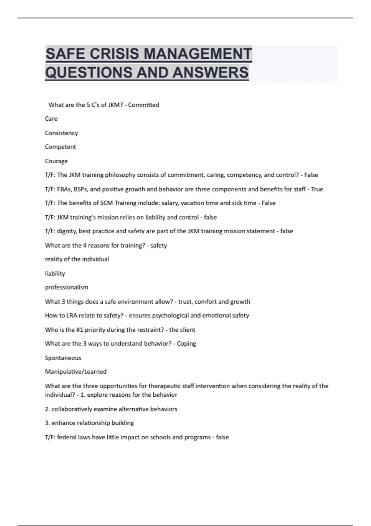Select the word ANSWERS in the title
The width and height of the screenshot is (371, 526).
[211, 72]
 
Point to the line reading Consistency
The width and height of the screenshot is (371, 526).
[61, 133]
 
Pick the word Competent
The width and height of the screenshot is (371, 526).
[60, 147]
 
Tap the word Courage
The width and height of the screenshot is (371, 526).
[56, 161]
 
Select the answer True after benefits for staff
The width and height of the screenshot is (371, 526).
[317, 189]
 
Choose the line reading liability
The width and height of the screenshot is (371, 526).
[55, 274]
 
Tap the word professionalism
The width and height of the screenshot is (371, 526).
[66, 287]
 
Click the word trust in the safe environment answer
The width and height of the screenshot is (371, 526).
[185, 302]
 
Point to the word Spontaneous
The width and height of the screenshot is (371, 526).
[63, 358]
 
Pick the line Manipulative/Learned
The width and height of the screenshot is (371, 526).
[76, 372]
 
